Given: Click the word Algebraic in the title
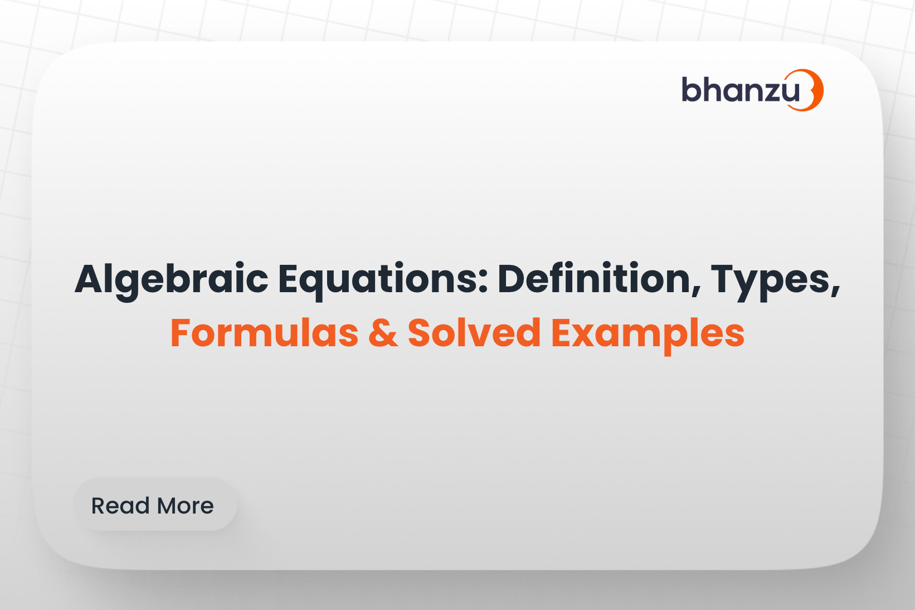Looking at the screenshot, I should [x=172, y=279].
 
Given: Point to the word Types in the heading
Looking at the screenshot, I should [x=772, y=279].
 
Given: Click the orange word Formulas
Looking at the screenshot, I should [x=264, y=333].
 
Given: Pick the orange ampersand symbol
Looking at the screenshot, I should [x=383, y=333].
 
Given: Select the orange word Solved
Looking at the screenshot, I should [x=474, y=333].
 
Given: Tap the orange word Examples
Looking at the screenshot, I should [x=648, y=333].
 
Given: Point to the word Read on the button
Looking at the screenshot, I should [x=120, y=506].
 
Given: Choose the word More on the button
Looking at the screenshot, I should [x=185, y=506].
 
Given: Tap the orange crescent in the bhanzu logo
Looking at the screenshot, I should [x=815, y=90].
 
